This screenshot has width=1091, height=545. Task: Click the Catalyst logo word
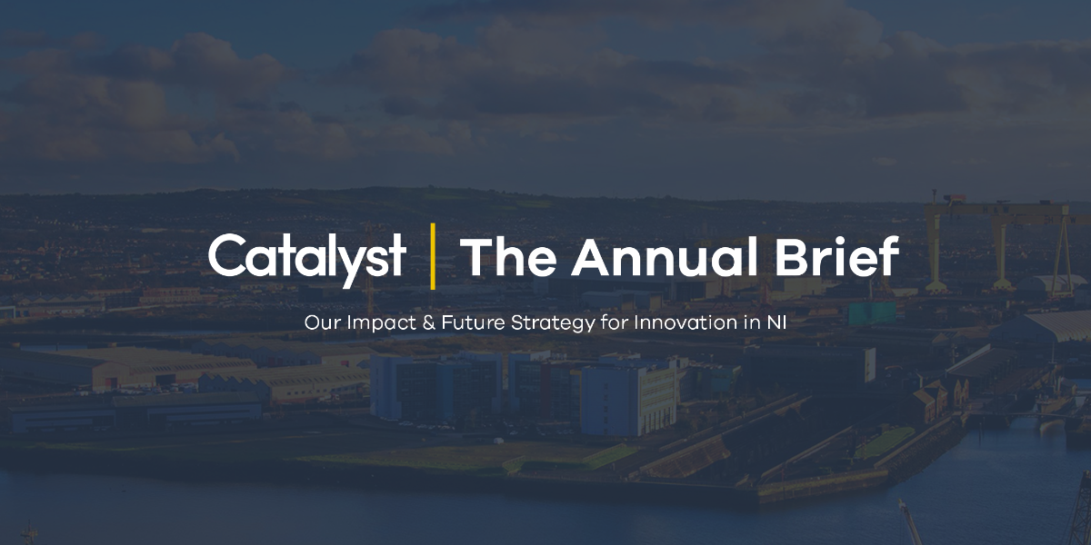(307, 260)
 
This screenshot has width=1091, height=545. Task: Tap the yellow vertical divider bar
(433, 256)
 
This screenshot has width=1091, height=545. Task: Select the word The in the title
(508, 256)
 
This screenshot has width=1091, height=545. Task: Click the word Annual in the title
(665, 256)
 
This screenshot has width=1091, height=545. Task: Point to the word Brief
(836, 255)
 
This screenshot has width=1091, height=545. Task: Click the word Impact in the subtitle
(381, 322)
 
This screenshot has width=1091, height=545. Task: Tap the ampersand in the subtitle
(428, 322)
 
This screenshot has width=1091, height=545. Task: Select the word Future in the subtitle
(473, 322)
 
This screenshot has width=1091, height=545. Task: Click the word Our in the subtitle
(322, 322)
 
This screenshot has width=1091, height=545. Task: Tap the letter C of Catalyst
(227, 256)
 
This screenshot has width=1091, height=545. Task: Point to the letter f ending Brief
(888, 255)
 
